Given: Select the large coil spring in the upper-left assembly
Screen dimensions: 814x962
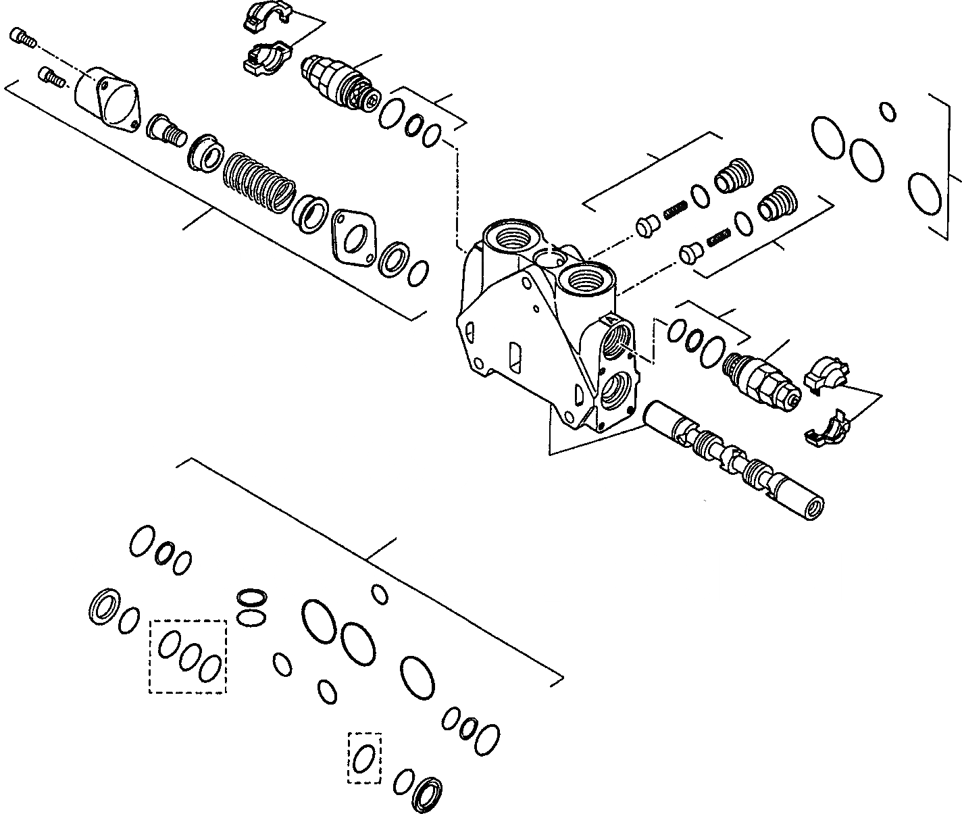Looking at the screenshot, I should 260,180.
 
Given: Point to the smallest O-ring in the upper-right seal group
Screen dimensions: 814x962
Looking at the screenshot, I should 888,111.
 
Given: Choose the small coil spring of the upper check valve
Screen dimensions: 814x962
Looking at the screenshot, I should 676,211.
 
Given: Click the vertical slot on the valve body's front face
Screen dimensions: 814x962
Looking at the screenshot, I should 515,356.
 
